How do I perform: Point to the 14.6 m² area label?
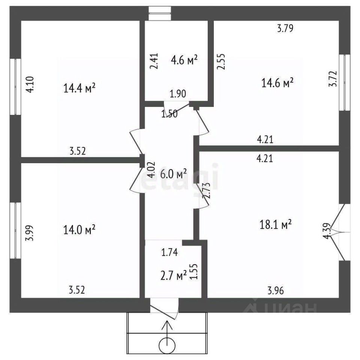coord(277,83)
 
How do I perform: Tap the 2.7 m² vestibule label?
coord(173,276)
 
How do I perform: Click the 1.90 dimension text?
coord(178,94)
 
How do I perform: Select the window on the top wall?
coord(159,13)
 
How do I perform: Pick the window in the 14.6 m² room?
coord(344,82)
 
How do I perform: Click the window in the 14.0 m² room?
coord(15,230)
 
